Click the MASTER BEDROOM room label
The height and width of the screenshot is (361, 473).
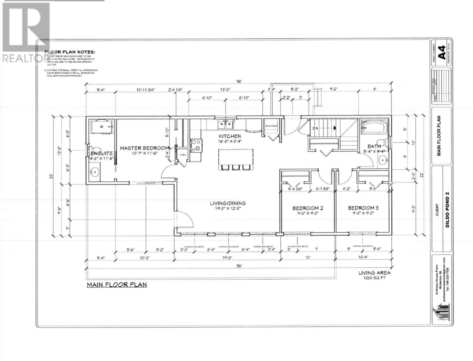(144, 148)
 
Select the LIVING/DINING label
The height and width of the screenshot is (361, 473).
(228, 203)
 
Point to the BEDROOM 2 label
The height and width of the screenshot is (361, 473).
(308, 208)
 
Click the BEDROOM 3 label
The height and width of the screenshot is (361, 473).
(363, 208)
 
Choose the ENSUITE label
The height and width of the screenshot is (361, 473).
(102, 153)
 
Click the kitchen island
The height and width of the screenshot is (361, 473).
(236, 157)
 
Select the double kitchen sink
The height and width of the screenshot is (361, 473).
(225, 124)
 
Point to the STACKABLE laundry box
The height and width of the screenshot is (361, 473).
(271, 126)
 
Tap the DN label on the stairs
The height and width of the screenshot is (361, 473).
(315, 128)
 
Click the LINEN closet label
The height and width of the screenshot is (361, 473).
(183, 155)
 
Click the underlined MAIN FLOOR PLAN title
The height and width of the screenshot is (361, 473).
(117, 284)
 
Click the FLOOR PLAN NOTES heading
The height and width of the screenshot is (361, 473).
(69, 52)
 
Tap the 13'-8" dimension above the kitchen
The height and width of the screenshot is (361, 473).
(225, 90)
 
